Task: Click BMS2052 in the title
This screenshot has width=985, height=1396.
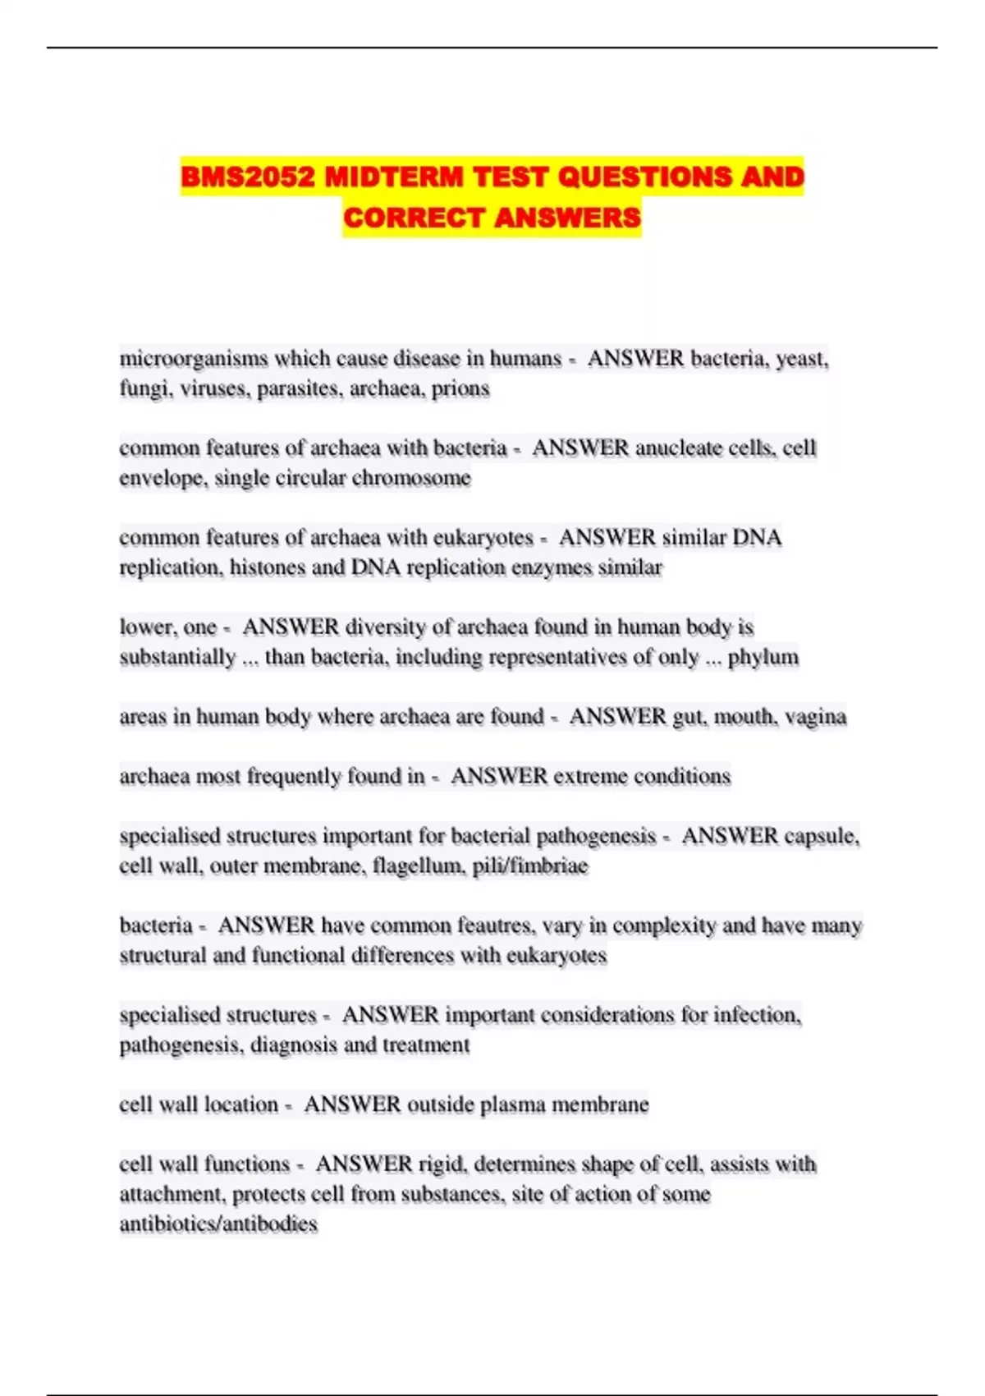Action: (x=247, y=177)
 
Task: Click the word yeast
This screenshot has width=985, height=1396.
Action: (x=802, y=359)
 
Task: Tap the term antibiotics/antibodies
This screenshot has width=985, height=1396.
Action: (x=218, y=1224)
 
